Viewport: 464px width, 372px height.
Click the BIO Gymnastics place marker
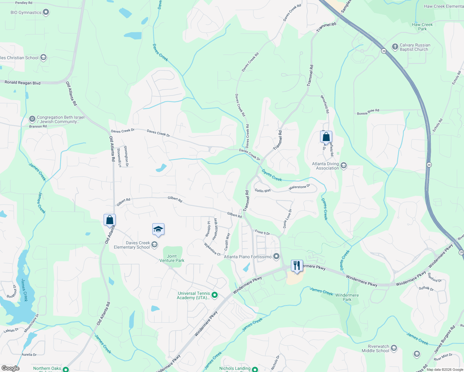[x=46, y=12]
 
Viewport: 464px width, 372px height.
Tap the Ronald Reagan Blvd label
[x=22, y=82]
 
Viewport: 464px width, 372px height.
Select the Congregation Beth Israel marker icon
[x=32, y=119]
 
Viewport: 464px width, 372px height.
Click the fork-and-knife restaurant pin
[x=297, y=266]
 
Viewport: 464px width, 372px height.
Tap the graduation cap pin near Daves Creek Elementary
[x=158, y=230]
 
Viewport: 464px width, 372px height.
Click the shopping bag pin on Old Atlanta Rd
[x=109, y=220]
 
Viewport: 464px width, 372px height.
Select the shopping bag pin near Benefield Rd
[x=326, y=137]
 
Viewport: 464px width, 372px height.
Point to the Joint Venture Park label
[x=172, y=258]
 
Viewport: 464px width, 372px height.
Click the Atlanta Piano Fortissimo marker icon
[x=276, y=256]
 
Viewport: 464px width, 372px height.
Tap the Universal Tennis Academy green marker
[x=214, y=295]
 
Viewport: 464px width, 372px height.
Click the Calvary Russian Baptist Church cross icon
[x=395, y=47]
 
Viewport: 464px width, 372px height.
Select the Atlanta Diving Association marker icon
[x=343, y=166]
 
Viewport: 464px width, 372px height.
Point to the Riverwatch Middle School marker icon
[x=394, y=348]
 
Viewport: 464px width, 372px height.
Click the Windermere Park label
[x=347, y=297]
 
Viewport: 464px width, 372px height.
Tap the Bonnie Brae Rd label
[x=368, y=112]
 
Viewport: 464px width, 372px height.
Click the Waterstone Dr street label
[x=299, y=187]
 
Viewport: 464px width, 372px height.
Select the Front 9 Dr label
[x=262, y=232]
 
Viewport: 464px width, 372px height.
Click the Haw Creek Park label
[x=422, y=27]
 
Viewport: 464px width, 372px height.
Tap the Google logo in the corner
[x=10, y=368]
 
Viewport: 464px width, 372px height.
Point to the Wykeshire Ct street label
[x=212, y=249]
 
